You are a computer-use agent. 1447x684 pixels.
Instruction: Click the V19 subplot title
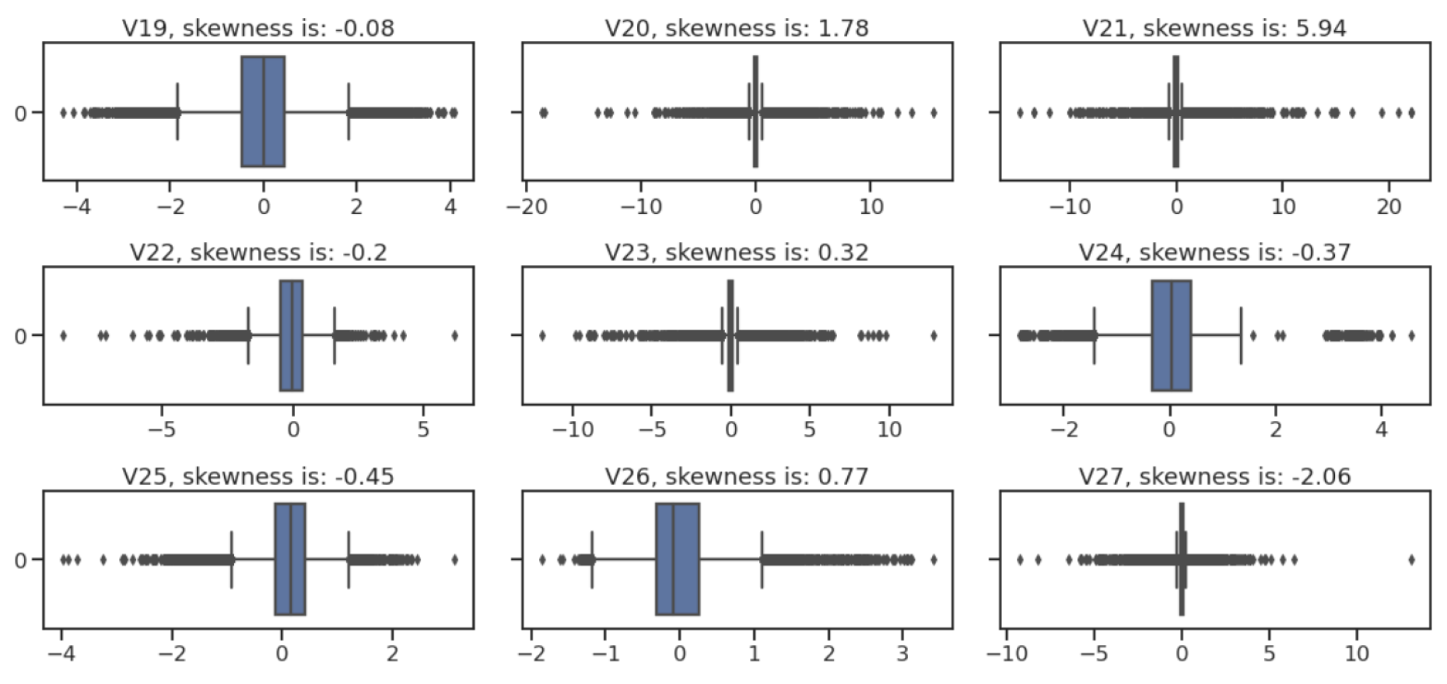click(x=258, y=28)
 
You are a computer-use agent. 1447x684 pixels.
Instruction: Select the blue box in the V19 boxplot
click(x=263, y=111)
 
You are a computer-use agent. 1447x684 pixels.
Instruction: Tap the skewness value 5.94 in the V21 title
click(x=1322, y=28)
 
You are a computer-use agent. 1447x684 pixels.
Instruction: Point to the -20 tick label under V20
click(x=527, y=206)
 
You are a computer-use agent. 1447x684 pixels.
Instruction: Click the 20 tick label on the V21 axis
click(x=1389, y=206)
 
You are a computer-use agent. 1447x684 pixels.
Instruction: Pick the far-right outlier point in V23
click(x=934, y=335)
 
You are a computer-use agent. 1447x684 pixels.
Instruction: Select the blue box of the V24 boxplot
click(x=1171, y=335)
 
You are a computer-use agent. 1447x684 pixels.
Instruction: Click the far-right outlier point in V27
click(x=1411, y=559)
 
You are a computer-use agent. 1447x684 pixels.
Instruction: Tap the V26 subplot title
click(x=736, y=476)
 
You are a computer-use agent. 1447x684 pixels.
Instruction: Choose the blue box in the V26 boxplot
click(x=677, y=559)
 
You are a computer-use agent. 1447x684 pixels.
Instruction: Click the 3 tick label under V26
click(x=902, y=652)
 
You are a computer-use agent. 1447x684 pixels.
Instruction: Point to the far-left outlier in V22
click(x=63, y=335)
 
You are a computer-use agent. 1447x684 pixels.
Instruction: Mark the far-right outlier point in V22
click(x=454, y=335)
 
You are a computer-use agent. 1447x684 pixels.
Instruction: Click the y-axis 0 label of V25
click(x=21, y=560)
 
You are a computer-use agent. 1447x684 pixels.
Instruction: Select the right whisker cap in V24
click(x=1240, y=335)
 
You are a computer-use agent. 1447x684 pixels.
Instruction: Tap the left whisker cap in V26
click(x=592, y=559)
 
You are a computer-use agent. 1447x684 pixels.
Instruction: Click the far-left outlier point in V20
click(x=543, y=113)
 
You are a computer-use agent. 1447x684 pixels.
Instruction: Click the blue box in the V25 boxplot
click(x=289, y=559)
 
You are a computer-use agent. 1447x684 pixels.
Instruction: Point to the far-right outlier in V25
click(x=454, y=559)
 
